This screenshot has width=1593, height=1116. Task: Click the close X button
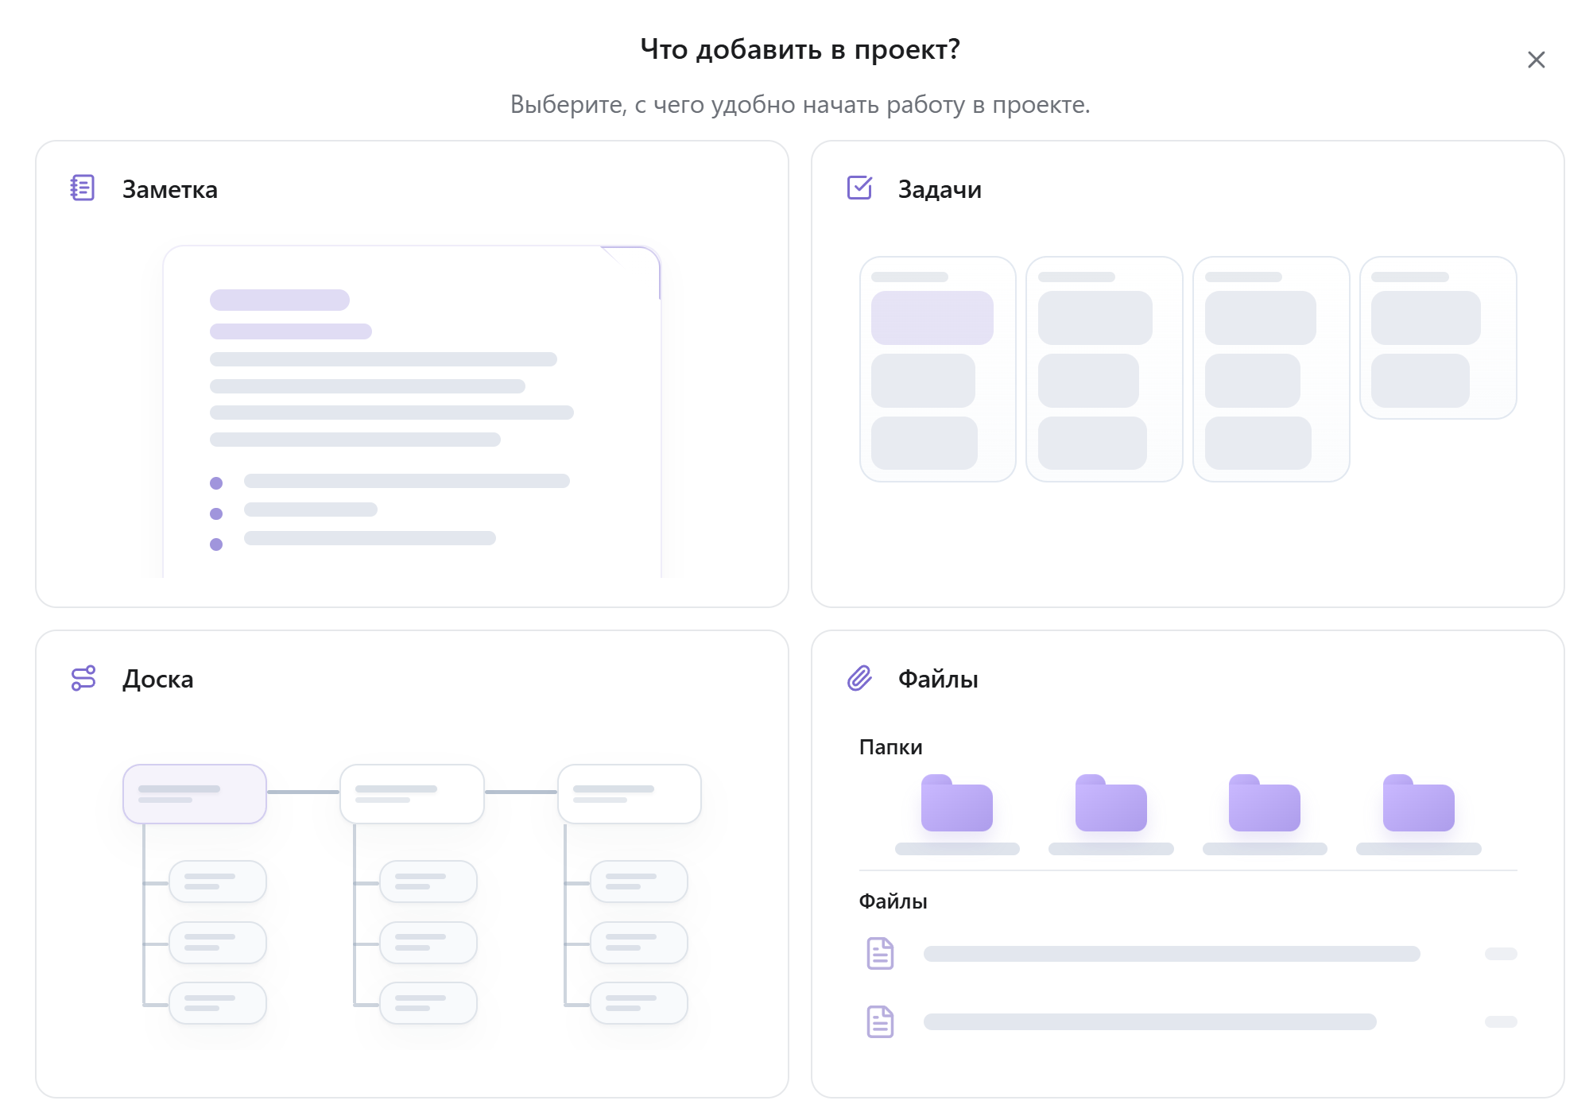(x=1536, y=60)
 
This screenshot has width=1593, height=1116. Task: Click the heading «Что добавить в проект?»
(x=800, y=49)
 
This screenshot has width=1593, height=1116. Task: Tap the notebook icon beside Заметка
(x=83, y=188)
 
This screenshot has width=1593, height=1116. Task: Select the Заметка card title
(x=169, y=189)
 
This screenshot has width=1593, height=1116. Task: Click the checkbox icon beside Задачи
(x=859, y=188)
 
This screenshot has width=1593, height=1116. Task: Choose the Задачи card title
(x=940, y=189)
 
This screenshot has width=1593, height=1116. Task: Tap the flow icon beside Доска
(x=83, y=678)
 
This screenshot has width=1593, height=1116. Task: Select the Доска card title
(x=157, y=679)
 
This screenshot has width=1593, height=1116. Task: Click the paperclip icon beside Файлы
(x=859, y=678)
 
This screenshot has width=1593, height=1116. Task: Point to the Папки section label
(x=890, y=747)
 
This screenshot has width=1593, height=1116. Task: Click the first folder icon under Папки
(x=956, y=803)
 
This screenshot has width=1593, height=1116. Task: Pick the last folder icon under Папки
(x=1418, y=803)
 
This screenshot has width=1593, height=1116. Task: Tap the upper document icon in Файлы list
(x=880, y=953)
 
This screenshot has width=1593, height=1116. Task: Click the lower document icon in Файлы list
(x=880, y=1021)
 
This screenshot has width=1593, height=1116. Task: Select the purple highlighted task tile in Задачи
(x=932, y=318)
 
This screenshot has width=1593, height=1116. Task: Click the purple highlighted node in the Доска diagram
(x=195, y=794)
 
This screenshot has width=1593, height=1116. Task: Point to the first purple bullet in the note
(x=216, y=483)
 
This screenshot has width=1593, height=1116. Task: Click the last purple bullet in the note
(x=216, y=544)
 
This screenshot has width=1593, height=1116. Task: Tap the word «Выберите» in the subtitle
(x=568, y=104)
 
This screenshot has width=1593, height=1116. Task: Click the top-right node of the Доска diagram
(x=630, y=794)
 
